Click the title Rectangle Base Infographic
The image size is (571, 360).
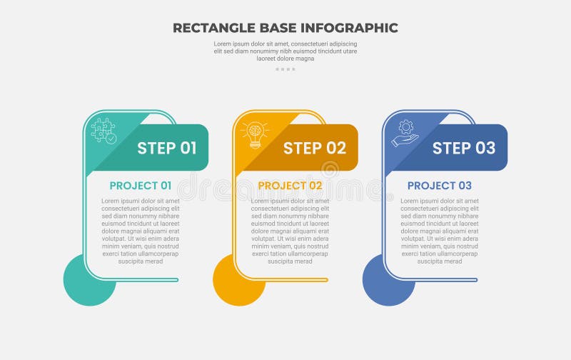[285, 28]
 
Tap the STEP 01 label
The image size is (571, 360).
[166, 148]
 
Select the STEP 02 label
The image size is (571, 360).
[315, 148]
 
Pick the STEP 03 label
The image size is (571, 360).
[464, 148]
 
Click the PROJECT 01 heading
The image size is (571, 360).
[141, 186]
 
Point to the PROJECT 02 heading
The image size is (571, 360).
[290, 186]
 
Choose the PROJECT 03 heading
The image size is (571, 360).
[439, 186]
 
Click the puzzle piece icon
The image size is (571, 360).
[103, 131]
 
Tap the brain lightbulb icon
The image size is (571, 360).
[254, 134]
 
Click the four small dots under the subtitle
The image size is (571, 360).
[285, 69]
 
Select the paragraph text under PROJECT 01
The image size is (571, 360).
[141, 231]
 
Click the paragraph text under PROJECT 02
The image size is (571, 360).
[290, 231]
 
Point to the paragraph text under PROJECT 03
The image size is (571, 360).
[439, 231]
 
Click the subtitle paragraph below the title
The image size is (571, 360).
[285, 51]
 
